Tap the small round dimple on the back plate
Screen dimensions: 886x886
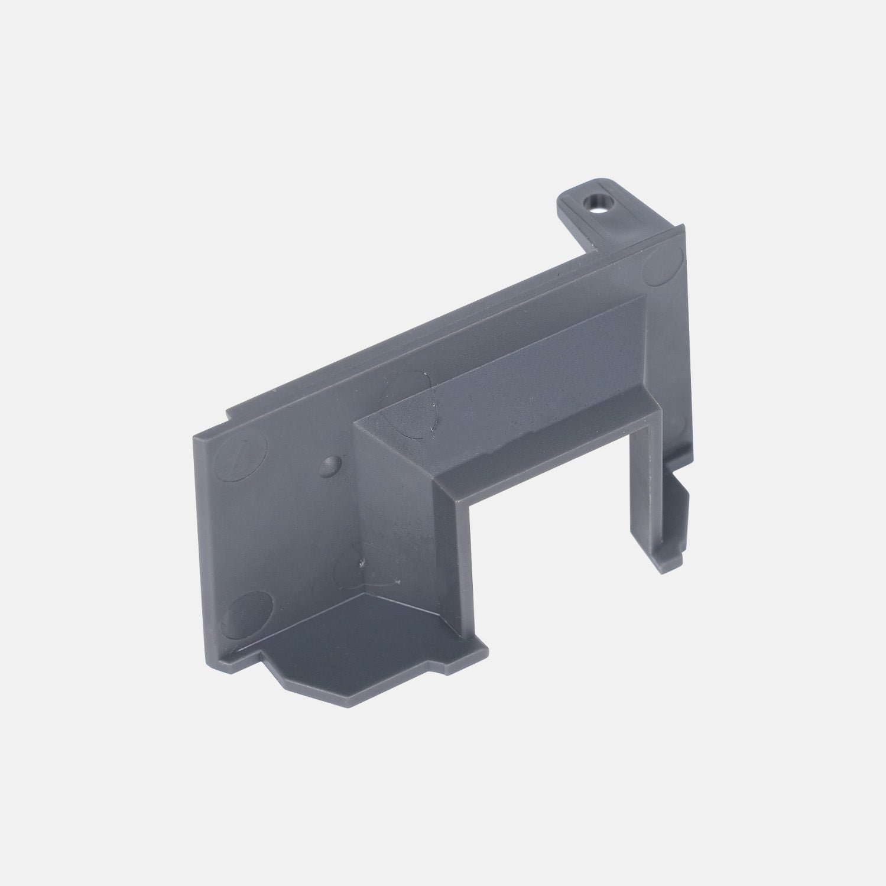click(329, 465)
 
